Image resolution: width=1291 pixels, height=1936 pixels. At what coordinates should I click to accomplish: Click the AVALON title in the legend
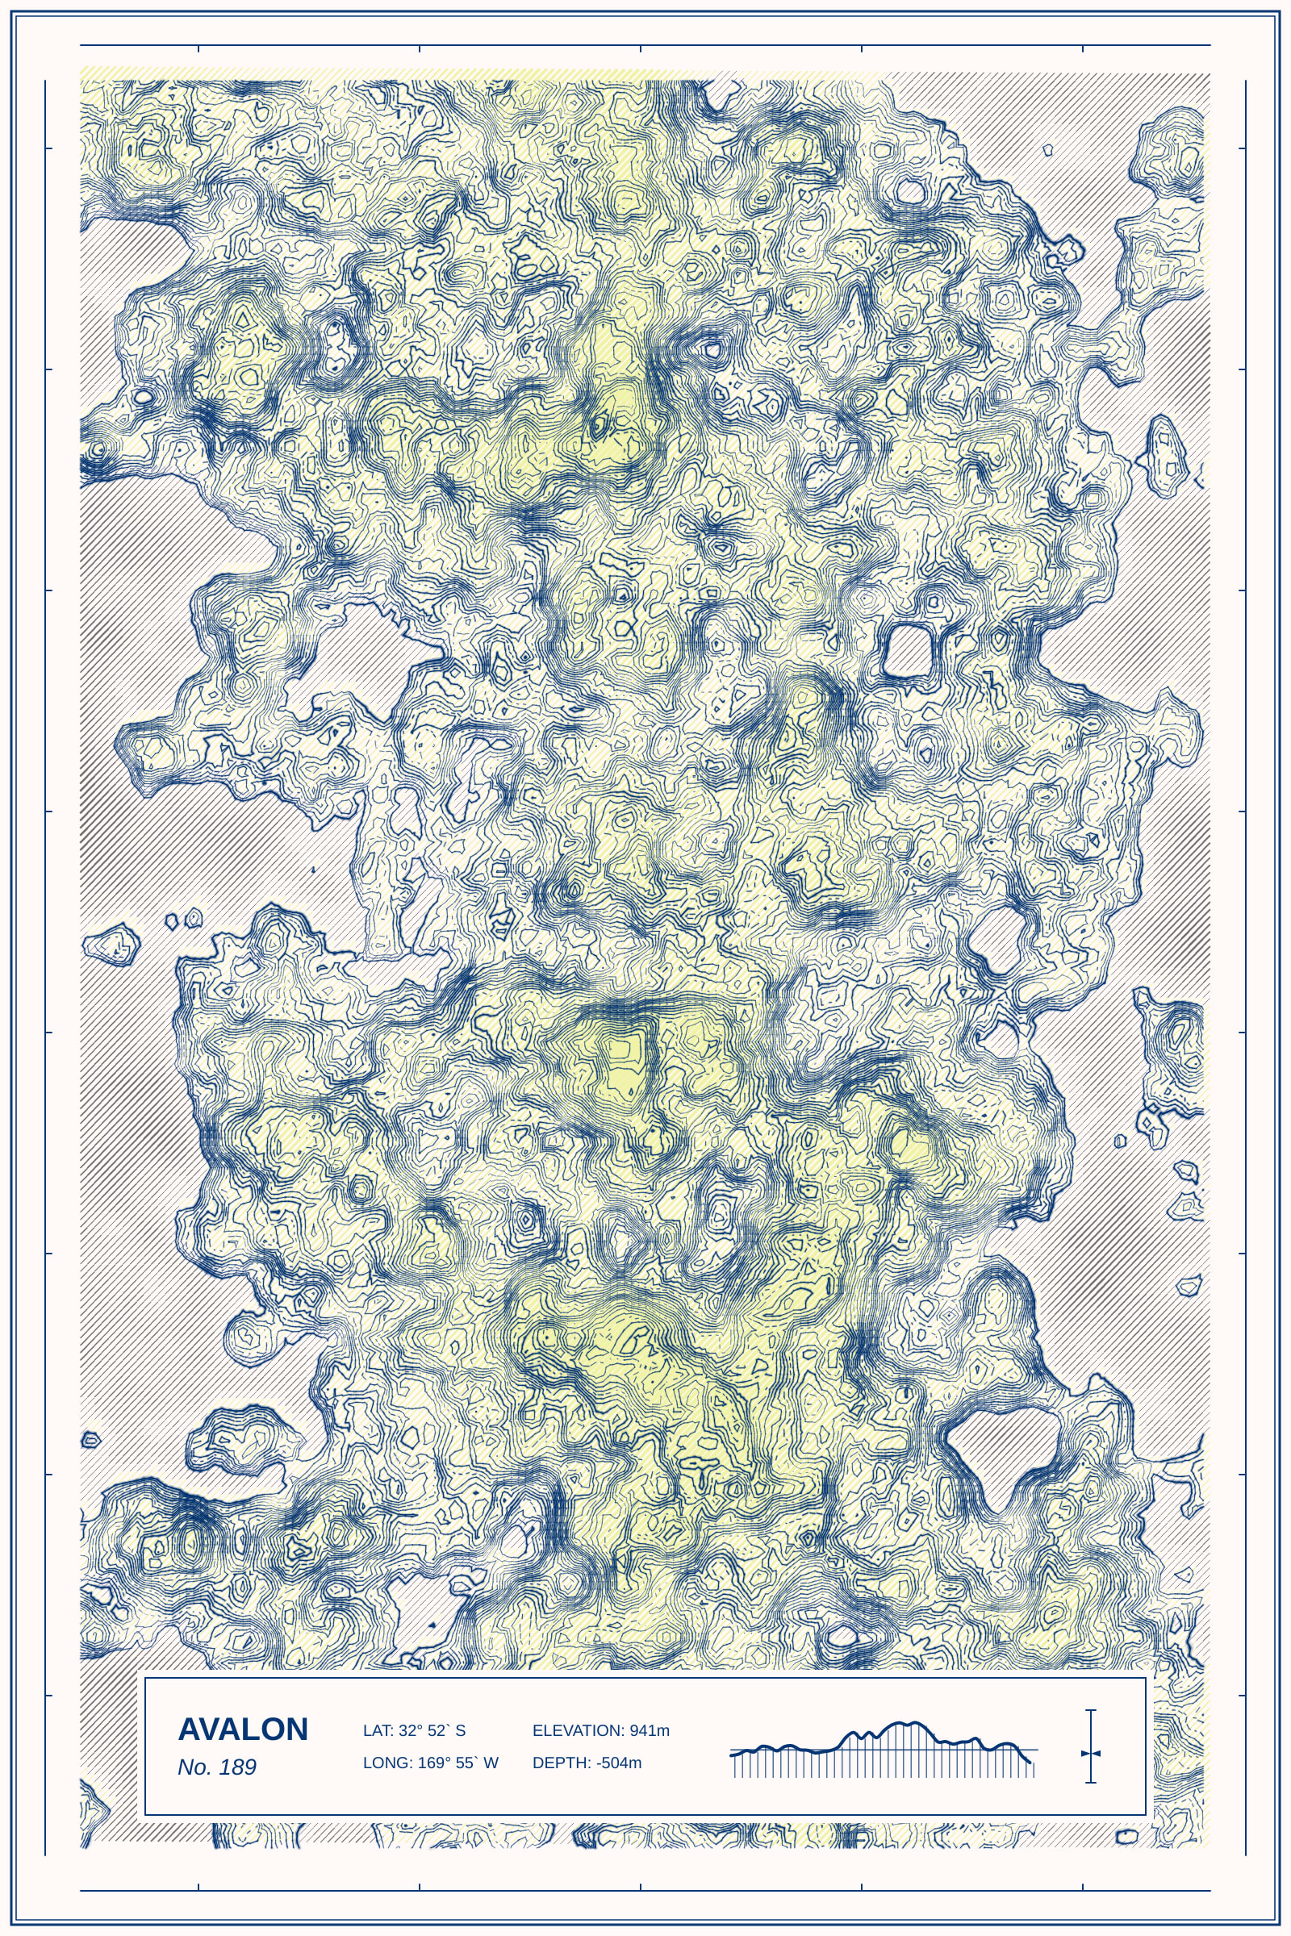click(243, 1729)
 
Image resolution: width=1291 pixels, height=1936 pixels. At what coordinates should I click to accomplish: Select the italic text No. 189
click(216, 1767)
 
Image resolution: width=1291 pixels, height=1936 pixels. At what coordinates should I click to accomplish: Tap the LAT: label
click(378, 1730)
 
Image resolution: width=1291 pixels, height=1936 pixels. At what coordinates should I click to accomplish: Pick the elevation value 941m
click(650, 1730)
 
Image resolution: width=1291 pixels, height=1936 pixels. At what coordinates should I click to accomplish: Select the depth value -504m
click(619, 1763)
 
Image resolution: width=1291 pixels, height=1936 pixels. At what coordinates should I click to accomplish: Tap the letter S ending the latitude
click(460, 1730)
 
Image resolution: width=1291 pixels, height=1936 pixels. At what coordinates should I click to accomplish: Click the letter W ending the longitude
click(491, 1763)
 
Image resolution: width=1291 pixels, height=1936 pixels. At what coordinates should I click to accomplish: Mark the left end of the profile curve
click(732, 1754)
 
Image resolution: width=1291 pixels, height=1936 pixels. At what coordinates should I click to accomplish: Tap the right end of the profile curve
click(1031, 1763)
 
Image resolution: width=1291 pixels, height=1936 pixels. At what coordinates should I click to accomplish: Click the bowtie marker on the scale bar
click(1091, 1753)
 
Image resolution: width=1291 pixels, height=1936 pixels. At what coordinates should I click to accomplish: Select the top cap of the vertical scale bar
click(1091, 1710)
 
